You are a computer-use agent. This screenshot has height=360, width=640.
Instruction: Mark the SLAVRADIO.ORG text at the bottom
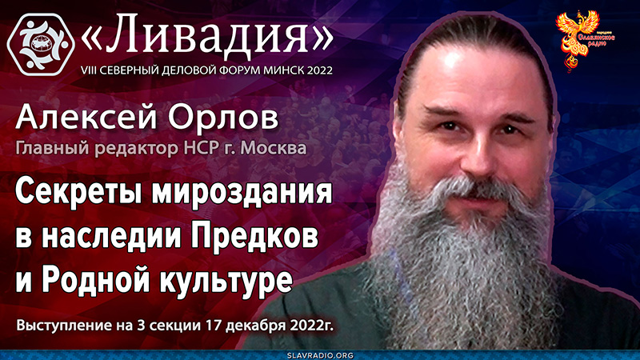click(321, 354)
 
